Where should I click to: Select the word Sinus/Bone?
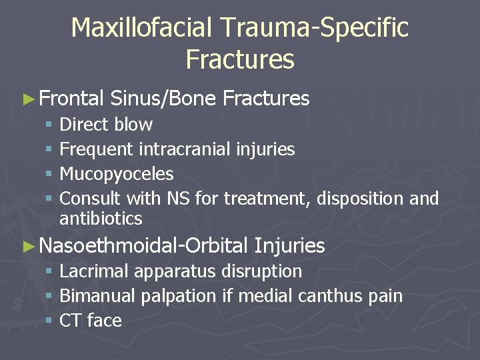coord(163,99)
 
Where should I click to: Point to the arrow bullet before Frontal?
coord(27,99)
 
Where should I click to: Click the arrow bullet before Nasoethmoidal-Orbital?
coord(27,247)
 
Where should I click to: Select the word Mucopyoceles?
coord(117,175)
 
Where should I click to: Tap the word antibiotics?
coord(101,218)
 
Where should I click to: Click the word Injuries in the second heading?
coord(289,246)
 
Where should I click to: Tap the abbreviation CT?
coord(70,321)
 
